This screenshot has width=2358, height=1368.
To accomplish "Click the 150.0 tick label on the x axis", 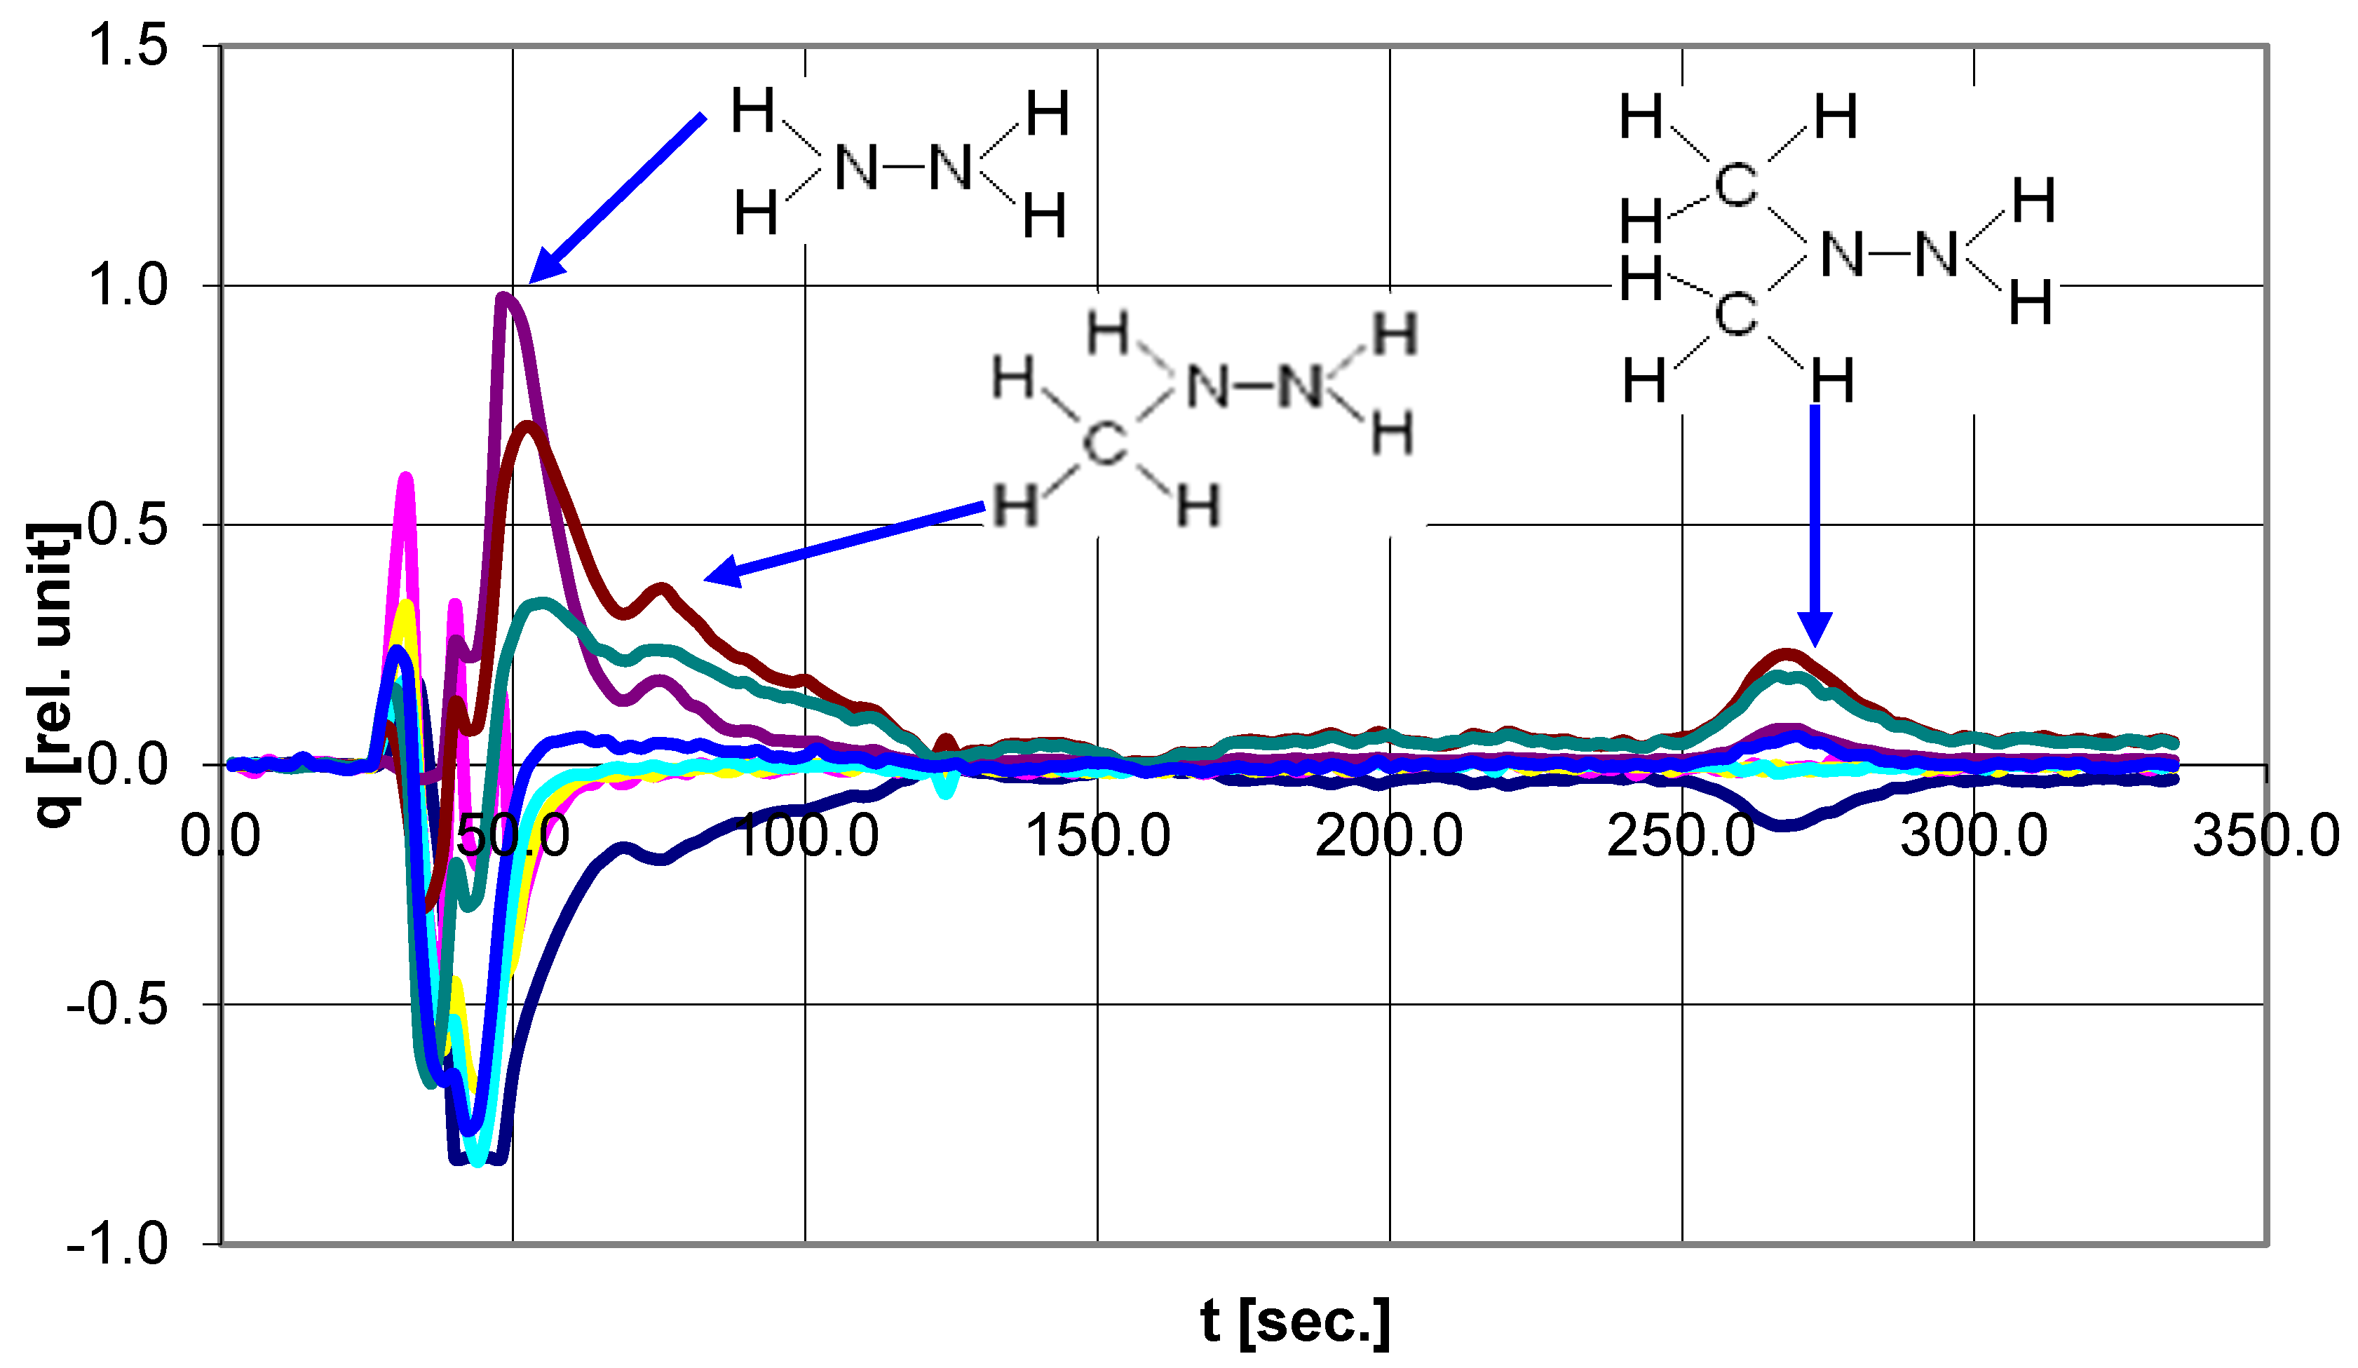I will [x=1097, y=836].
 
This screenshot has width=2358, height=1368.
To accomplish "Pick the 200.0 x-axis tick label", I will [x=1390, y=836].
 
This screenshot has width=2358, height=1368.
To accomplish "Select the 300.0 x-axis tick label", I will [x=1974, y=836].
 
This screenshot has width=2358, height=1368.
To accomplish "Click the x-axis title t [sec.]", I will [x=1295, y=1320].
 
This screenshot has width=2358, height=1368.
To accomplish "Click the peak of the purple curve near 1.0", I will [x=504, y=297].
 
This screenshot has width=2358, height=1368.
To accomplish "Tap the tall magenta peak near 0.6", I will [x=406, y=478].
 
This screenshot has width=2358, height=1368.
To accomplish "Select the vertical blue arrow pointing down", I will [x=1815, y=524].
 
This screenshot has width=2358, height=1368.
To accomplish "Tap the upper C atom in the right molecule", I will [x=1736, y=184].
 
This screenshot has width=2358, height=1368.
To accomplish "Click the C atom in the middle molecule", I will [x=1105, y=442].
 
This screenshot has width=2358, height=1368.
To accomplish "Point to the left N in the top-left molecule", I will [x=856, y=168].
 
